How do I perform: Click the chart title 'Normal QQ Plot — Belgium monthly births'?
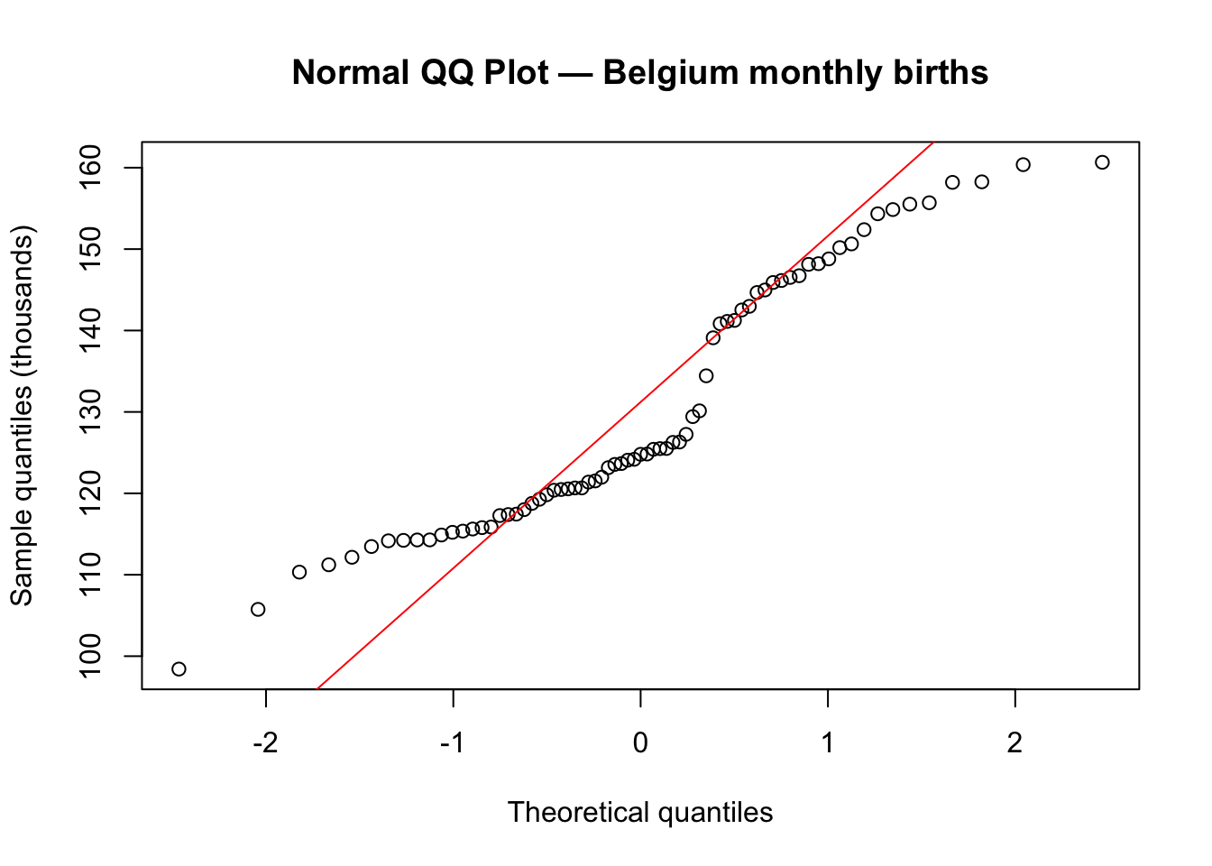point(640,72)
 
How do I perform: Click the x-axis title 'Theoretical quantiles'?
point(640,812)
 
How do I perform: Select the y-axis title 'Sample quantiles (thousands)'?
point(22,416)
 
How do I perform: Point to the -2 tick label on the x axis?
point(265,743)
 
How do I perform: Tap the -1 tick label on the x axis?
point(453,743)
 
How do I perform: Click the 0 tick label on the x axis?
point(640,743)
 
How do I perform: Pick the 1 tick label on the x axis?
point(828,743)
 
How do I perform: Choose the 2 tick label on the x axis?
point(1015,743)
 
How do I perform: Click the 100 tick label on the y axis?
point(94,656)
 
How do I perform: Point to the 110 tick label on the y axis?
point(94,575)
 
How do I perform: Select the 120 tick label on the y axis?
point(94,493)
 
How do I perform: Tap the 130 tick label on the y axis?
point(94,412)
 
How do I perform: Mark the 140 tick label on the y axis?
point(94,331)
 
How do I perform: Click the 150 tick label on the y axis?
point(94,249)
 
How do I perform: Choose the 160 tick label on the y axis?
point(94,168)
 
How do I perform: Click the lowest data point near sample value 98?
point(179,668)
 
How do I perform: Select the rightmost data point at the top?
point(1102,162)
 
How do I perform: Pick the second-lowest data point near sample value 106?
point(258,609)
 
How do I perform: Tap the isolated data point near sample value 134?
point(706,375)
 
